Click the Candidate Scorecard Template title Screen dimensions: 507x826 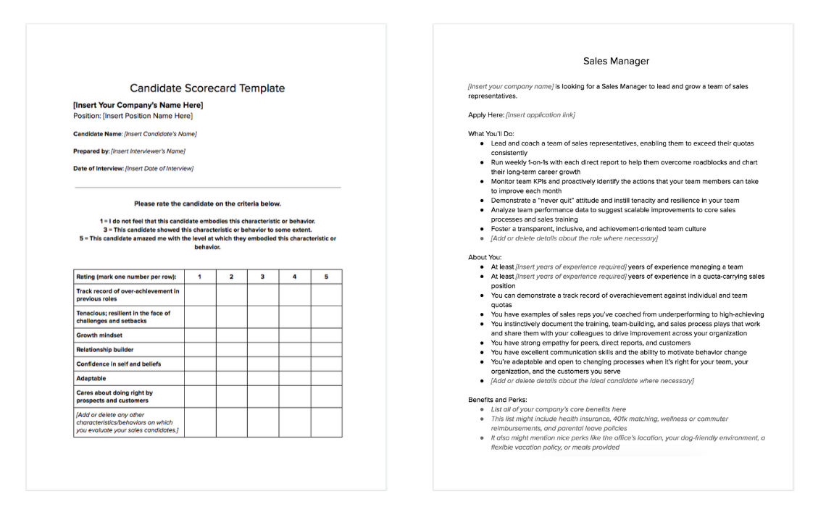[207, 88]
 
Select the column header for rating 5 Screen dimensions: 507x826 [326, 277]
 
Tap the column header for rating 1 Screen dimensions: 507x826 [199, 277]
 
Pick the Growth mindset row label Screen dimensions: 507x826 [100, 335]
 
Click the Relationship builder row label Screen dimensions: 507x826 [106, 349]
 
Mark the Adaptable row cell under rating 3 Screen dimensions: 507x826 [263, 378]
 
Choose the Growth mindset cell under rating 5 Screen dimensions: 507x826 [326, 335]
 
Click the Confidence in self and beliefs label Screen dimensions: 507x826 [118, 364]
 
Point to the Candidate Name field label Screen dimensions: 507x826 [98, 134]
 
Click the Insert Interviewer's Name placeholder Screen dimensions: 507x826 [148, 151]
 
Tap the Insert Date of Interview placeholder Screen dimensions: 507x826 [159, 169]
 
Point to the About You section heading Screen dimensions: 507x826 [485, 257]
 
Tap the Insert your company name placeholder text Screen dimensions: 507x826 [511, 86]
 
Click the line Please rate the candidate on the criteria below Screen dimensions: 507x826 [207, 204]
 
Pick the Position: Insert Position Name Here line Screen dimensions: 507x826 [133, 116]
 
